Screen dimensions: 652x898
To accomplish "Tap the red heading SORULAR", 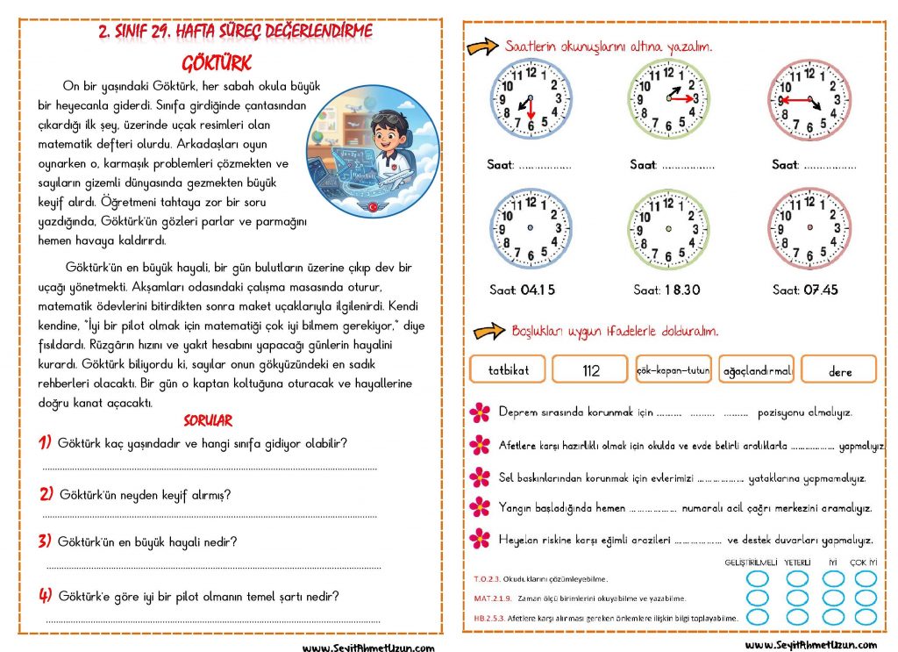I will click(x=208, y=421).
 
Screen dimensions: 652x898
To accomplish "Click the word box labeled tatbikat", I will click(x=508, y=369).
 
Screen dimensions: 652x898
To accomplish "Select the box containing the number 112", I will click(x=590, y=369).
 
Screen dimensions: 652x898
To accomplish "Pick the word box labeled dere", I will click(x=839, y=370).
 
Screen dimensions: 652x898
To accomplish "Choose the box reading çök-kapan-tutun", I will click(x=673, y=370).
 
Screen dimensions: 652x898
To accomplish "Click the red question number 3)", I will click(x=46, y=541).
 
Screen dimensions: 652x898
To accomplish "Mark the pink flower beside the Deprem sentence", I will click(x=480, y=412).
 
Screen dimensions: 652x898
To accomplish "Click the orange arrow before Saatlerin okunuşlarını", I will click(x=482, y=47).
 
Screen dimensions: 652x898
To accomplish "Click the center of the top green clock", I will click(x=668, y=99).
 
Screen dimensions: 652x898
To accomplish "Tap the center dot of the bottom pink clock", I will click(x=809, y=229).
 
